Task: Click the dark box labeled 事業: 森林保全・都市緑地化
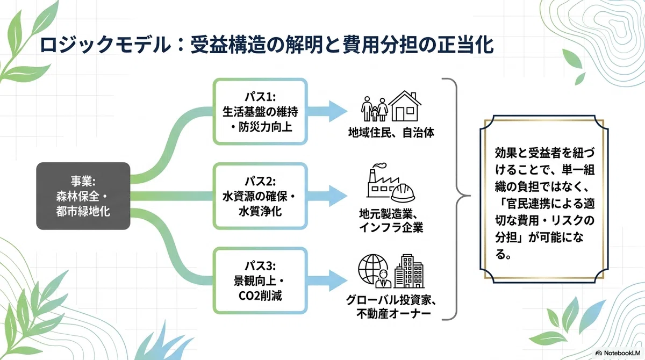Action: [x=83, y=196]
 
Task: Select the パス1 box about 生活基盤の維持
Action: [x=260, y=111]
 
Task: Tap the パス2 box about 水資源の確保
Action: [x=260, y=196]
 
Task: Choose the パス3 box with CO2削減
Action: [x=260, y=280]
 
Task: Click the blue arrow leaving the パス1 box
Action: [x=327, y=111]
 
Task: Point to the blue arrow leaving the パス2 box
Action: [x=327, y=196]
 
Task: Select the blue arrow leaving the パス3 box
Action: [x=327, y=280]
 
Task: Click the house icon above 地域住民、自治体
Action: [x=405, y=106]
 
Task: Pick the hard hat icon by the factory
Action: [x=403, y=193]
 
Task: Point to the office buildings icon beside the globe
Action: [x=409, y=271]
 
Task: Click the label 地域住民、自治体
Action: [x=391, y=133]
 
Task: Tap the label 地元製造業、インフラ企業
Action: [x=391, y=221]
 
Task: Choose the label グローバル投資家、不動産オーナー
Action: [x=391, y=307]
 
